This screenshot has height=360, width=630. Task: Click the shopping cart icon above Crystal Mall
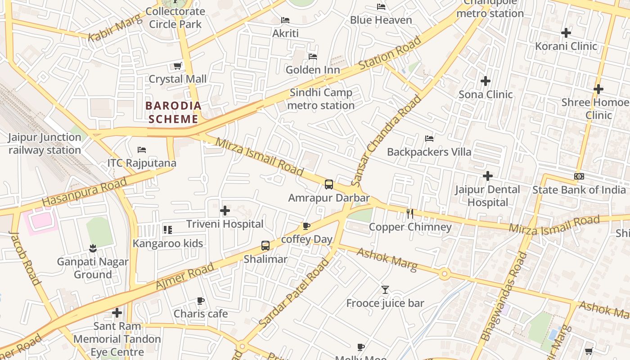click(178, 66)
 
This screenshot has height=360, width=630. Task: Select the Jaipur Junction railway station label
click(45, 144)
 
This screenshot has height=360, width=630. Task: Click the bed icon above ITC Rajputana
click(142, 149)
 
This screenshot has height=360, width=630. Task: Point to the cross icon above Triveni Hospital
click(225, 210)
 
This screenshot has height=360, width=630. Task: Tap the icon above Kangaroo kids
click(167, 230)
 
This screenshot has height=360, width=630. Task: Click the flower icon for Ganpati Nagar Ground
click(93, 248)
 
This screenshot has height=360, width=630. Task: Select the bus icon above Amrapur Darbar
click(329, 184)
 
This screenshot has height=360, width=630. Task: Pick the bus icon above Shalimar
click(265, 246)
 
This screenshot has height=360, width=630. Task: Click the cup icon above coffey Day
click(306, 226)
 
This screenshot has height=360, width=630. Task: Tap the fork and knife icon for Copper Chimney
click(410, 213)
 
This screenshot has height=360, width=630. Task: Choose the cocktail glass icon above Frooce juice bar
click(385, 290)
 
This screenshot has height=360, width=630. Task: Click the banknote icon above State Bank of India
click(579, 176)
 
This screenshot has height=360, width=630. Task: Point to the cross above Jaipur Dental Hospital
click(487, 176)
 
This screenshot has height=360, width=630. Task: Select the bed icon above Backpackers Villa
click(429, 139)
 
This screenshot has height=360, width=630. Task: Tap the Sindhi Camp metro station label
click(321, 99)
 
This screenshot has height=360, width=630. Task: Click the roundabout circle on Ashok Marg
click(445, 273)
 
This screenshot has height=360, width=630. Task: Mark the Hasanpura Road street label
click(85, 192)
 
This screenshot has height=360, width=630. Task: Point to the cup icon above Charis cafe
click(201, 301)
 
